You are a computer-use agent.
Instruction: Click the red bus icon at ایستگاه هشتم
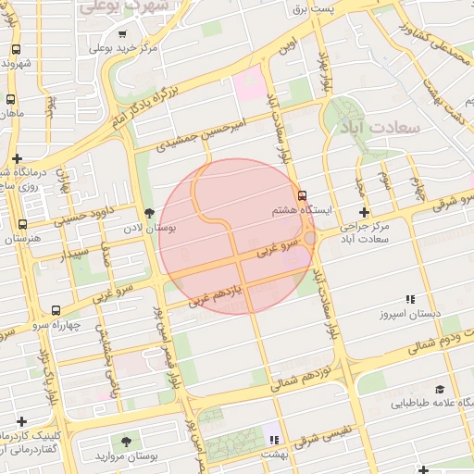pos(303,194)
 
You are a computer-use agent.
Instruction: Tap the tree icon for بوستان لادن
pos(149,212)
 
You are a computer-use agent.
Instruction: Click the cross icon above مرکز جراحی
pos(364,212)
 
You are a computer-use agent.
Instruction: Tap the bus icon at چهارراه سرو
pos(57,311)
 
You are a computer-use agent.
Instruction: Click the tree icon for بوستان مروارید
pos(125,441)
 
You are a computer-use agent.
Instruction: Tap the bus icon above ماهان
pos(10,100)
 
